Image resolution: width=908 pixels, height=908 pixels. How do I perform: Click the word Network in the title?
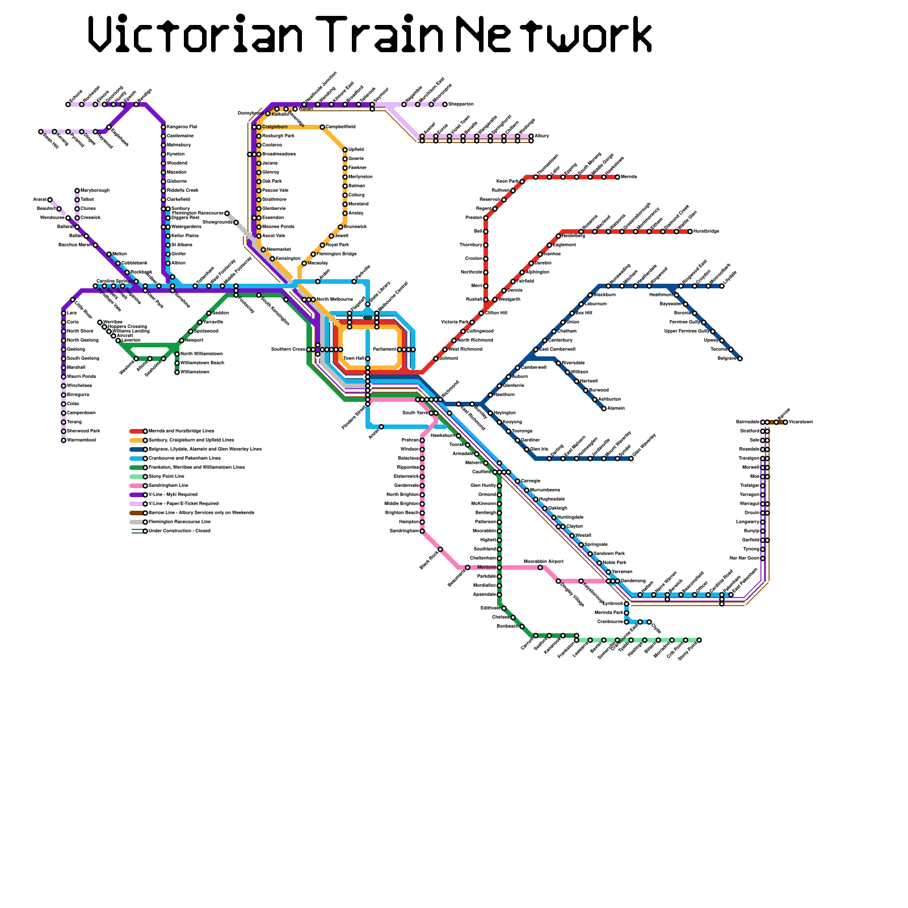pyautogui.click(x=554, y=35)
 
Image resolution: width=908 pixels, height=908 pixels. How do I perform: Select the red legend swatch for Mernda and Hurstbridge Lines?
pyautogui.click(x=136, y=431)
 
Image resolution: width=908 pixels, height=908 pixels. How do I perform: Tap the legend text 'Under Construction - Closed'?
pyautogui.click(x=179, y=531)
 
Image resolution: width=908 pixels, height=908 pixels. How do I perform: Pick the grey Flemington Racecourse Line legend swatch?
pyautogui.click(x=136, y=522)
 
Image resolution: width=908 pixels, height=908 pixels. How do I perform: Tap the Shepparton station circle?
pyautogui.click(x=445, y=104)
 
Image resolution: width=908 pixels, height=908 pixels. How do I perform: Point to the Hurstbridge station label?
pyautogui.click(x=707, y=232)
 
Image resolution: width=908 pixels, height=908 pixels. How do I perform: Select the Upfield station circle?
pyautogui.click(x=345, y=150)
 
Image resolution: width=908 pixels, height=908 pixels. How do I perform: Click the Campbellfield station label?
pyautogui.click(x=340, y=127)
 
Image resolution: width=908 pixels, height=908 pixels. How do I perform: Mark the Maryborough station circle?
pyautogui.click(x=77, y=191)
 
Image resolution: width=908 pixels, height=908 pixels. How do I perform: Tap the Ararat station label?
pyautogui.click(x=39, y=200)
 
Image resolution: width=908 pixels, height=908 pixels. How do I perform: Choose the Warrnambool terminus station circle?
pyautogui.click(x=64, y=440)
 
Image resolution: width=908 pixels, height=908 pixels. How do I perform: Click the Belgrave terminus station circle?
pyautogui.click(x=740, y=359)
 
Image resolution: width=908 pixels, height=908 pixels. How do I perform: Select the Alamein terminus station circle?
pyautogui.click(x=604, y=409)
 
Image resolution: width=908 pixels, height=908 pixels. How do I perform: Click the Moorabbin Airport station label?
pyautogui.click(x=543, y=561)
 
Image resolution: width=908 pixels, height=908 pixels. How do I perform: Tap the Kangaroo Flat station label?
pyautogui.click(x=182, y=127)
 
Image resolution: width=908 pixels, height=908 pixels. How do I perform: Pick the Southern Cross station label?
pyautogui.click(x=288, y=350)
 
